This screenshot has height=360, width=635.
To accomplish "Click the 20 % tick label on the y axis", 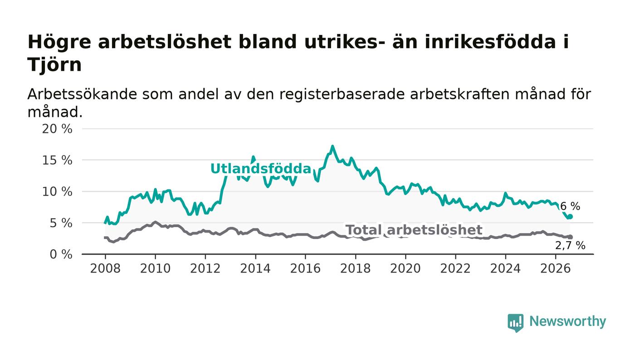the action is [57, 129].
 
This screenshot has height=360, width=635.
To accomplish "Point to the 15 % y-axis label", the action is [57, 161].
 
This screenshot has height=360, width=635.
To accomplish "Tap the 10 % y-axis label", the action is [57, 192].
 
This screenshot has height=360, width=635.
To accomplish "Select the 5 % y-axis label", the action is [61, 224].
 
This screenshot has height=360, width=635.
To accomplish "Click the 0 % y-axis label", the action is [61, 254].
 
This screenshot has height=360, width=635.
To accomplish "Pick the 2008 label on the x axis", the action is [105, 268].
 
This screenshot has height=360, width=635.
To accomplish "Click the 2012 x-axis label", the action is [205, 268].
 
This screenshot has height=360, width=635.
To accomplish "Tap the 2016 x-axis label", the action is [305, 268].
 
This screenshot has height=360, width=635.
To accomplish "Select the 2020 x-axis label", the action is [405, 268].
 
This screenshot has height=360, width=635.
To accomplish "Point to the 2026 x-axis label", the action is [555, 268].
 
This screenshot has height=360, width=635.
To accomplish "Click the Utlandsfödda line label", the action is [261, 169].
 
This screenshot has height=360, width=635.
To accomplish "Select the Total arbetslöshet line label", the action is [414, 230].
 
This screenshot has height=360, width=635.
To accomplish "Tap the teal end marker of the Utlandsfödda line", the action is [571, 217].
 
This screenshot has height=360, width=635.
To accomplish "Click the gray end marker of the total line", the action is [571, 237].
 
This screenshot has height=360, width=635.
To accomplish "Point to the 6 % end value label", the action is [570, 206].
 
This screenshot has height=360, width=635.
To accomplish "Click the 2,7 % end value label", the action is [570, 245].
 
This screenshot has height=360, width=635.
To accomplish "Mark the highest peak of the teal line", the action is [332, 146].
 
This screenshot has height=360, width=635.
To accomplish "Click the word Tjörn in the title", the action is [54, 65].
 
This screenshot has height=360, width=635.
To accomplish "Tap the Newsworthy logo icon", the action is [515, 323].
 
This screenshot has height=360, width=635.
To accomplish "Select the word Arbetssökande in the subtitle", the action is [82, 94].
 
